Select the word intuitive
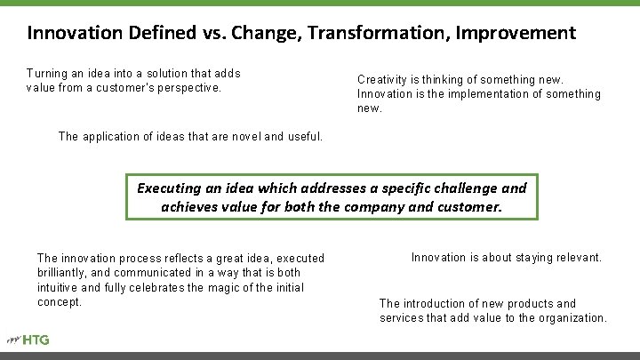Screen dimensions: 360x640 tap(61, 287)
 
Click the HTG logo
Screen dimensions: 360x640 tap(31, 340)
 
